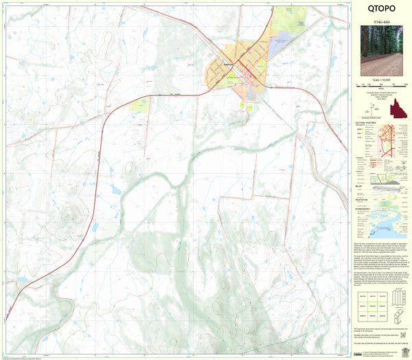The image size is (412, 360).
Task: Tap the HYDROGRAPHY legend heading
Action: pyautogui.click(x=364, y=207)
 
